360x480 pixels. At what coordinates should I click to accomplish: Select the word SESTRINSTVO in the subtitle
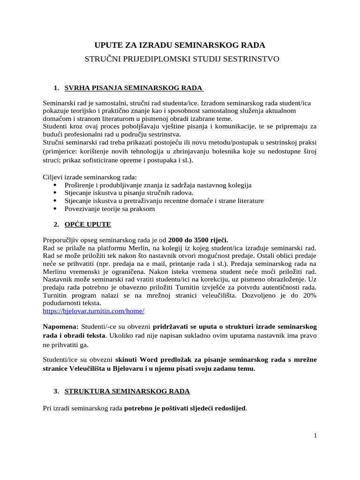pyautogui.click(x=254, y=60)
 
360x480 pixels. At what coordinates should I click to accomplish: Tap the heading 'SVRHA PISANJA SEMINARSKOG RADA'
pyautogui.click(x=133, y=88)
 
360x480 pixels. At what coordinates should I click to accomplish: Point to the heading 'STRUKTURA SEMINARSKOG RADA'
pyautogui.click(x=127, y=390)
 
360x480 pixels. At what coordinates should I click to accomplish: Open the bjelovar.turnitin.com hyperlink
pyautogui.click(x=93, y=311)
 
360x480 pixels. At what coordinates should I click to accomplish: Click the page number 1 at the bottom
pyautogui.click(x=315, y=435)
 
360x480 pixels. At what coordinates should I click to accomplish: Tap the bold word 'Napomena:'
pyautogui.click(x=60, y=326)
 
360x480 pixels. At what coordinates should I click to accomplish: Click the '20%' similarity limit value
pyautogui.click(x=307, y=295)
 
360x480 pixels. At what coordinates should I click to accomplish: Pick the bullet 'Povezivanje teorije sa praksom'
pyautogui.click(x=109, y=209)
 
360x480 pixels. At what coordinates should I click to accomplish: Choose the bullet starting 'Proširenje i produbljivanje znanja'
pyautogui.click(x=158, y=185)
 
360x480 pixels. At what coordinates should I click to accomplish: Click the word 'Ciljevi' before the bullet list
pyautogui.click(x=53, y=177)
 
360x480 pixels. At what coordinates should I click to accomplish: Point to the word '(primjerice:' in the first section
pyautogui.click(x=60, y=151)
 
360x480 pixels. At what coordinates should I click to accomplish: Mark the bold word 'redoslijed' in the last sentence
pyautogui.click(x=230, y=408)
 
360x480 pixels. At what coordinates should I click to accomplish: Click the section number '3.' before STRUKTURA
pyautogui.click(x=56, y=390)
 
